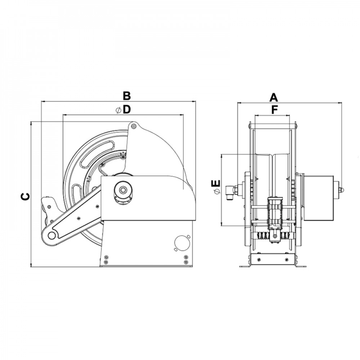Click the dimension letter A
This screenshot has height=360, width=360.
coord(274,97)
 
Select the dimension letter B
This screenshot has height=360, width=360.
coord(126,96)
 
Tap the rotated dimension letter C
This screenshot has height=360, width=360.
coord(25,197)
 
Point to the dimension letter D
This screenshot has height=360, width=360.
coord(126,109)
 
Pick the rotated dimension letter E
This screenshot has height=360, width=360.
coord(216,183)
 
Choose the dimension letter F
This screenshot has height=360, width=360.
coord(274,110)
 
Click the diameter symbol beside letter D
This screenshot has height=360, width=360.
coord(118,111)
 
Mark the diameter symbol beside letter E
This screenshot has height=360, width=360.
coord(216,192)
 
